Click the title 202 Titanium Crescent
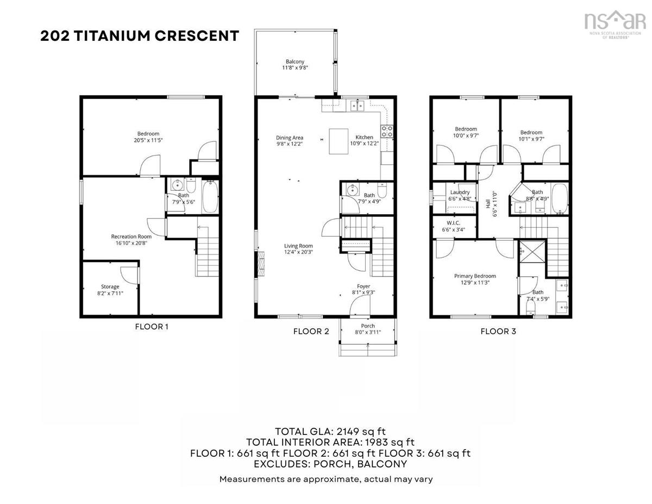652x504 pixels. pyautogui.click(x=140, y=36)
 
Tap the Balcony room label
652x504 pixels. pyautogui.click(x=295, y=61)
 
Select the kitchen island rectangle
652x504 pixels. pyautogui.click(x=338, y=141)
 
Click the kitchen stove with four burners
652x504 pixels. pyautogui.click(x=387, y=131)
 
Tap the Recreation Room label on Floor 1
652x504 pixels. pyautogui.click(x=131, y=237)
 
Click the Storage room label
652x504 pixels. pyautogui.click(x=110, y=287)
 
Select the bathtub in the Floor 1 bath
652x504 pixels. pyautogui.click(x=210, y=196)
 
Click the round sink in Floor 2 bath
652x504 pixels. pyautogui.click(x=352, y=190)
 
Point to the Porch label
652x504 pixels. pyautogui.click(x=368, y=326)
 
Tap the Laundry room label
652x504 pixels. pyautogui.click(x=460, y=192)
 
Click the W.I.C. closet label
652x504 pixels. pyautogui.click(x=453, y=223)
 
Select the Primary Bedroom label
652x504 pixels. pyautogui.click(x=475, y=276)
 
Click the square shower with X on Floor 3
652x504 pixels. pyautogui.click(x=532, y=252)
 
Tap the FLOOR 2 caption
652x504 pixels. pyautogui.click(x=311, y=332)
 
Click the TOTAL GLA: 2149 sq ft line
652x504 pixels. pyautogui.click(x=330, y=431)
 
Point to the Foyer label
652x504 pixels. pyautogui.click(x=363, y=287)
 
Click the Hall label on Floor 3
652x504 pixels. pyautogui.click(x=488, y=204)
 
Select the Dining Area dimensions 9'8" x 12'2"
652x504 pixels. pyautogui.click(x=290, y=144)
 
